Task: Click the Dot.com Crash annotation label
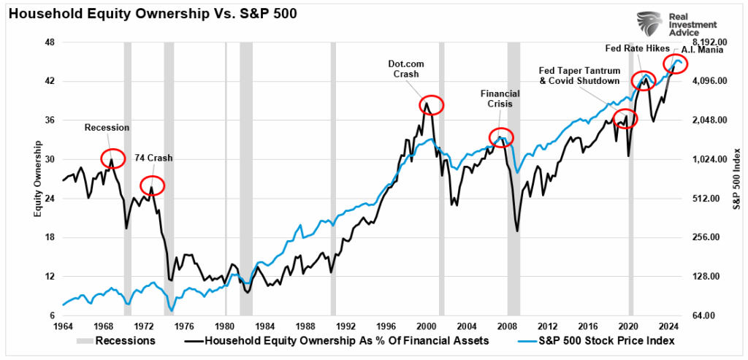coord(405,69)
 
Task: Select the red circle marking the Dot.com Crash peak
coord(432,105)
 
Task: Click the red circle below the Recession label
coord(112,157)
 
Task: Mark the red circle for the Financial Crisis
coord(501,137)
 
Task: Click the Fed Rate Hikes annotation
coord(633,48)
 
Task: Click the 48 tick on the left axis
coord(50,42)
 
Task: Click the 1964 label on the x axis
coord(63,326)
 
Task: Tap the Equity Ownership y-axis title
coord(37,178)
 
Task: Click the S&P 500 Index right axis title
coord(737,178)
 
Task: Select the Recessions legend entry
coord(121,340)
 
